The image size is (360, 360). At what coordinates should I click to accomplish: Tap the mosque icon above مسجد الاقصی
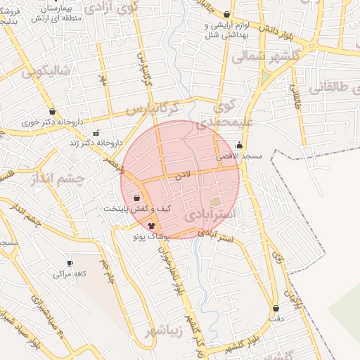click(x=240, y=146)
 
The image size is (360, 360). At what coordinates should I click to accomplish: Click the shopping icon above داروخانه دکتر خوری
click(x=52, y=111)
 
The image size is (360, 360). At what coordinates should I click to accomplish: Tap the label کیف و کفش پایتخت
click(x=138, y=209)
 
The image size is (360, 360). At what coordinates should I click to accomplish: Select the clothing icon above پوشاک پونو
click(x=151, y=226)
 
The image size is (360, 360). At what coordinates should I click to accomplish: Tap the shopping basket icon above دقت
click(x=276, y=308)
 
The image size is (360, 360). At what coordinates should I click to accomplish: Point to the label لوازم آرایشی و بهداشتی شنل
click(x=226, y=30)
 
